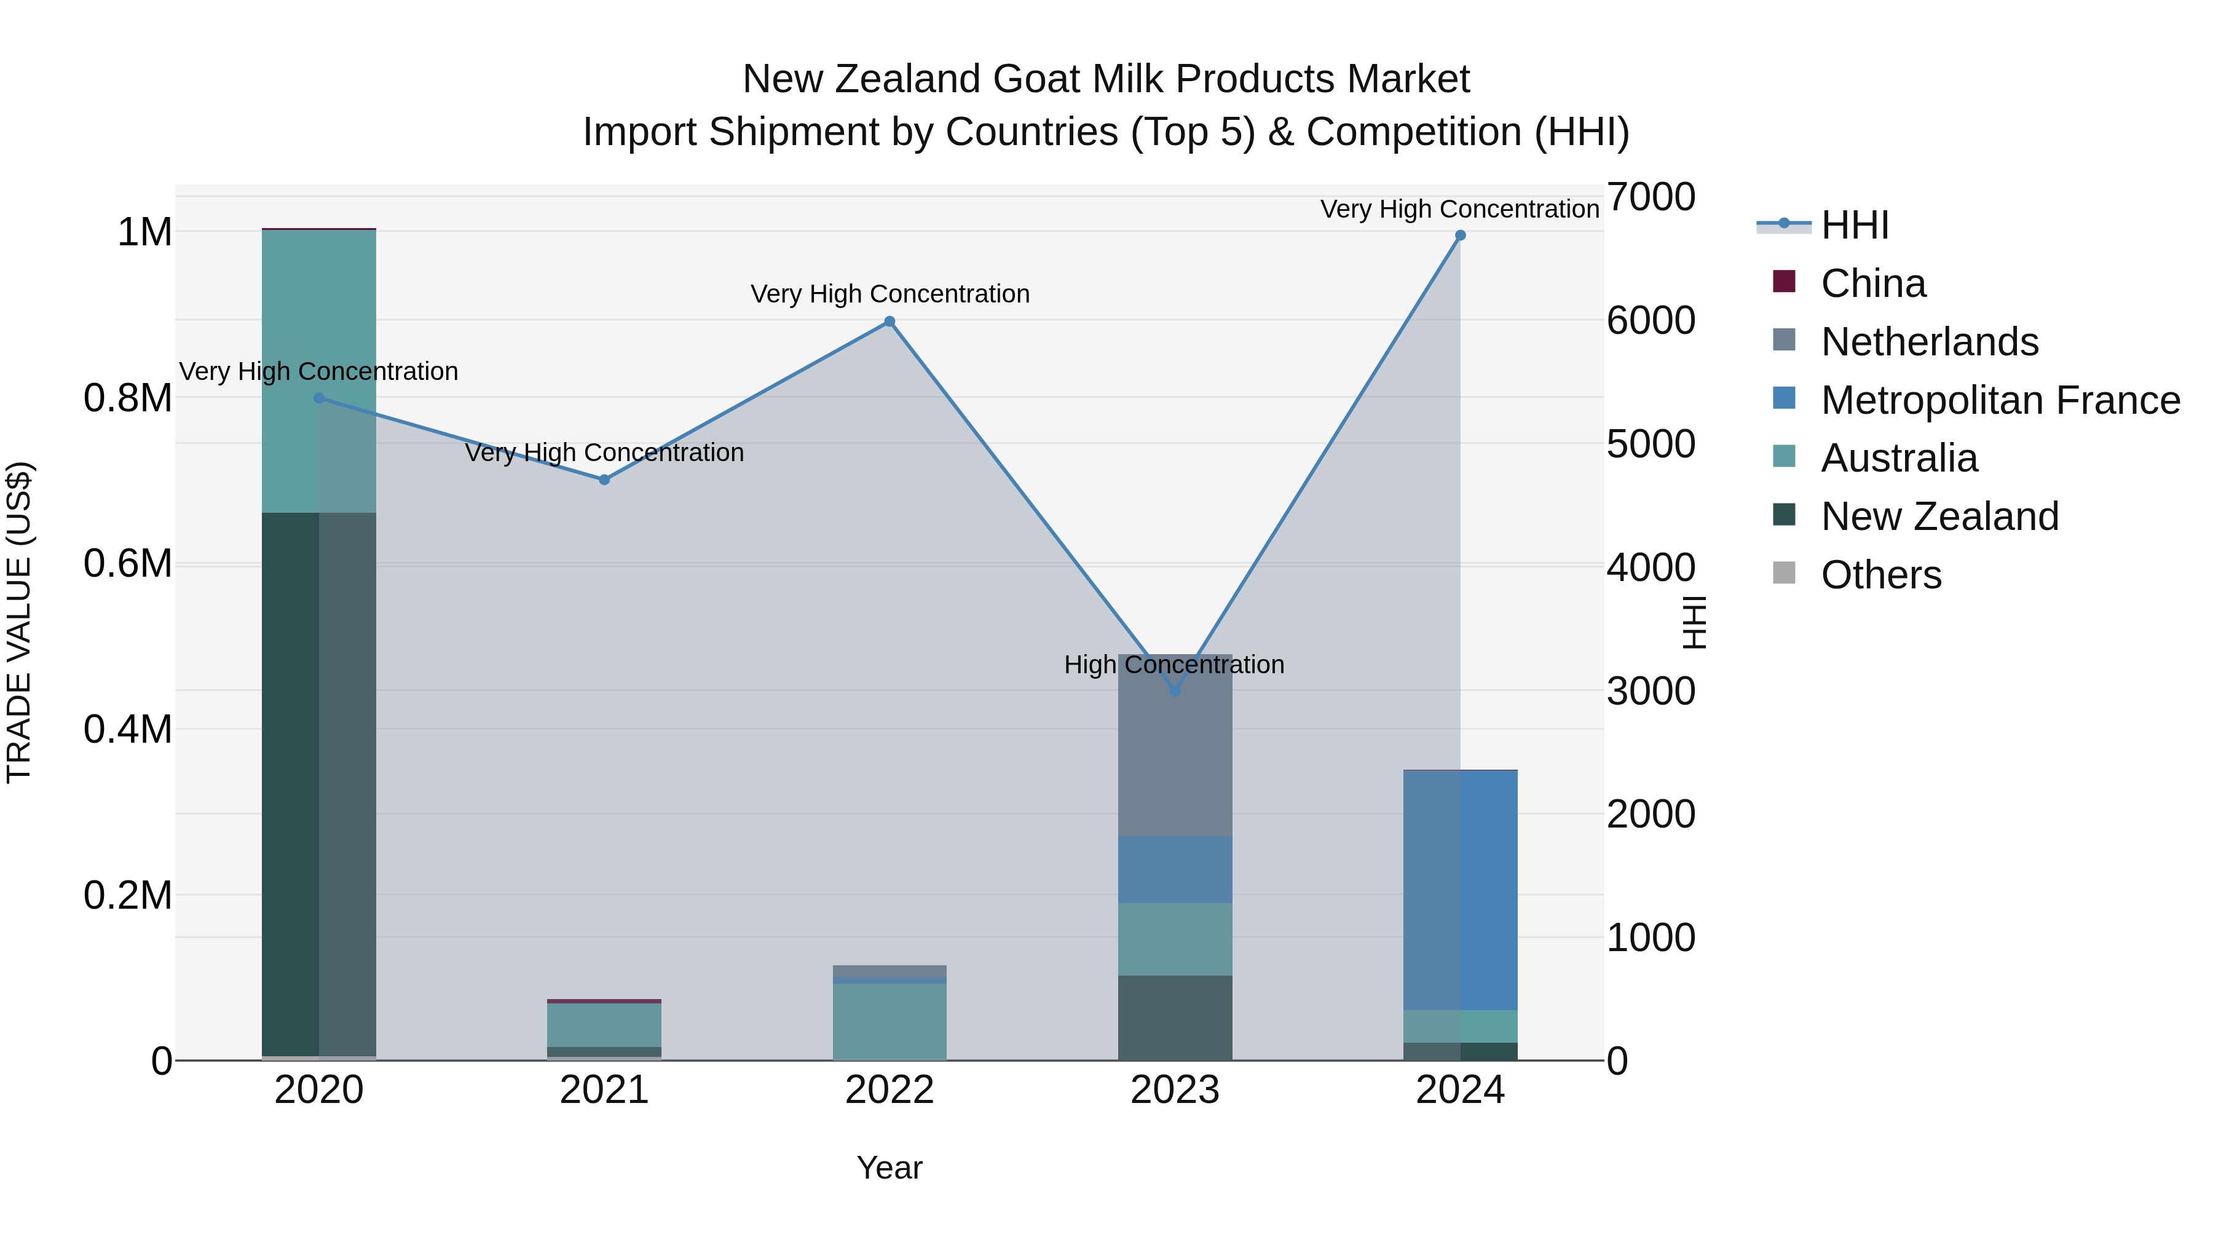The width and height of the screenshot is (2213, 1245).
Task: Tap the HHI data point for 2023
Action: (x=1175, y=691)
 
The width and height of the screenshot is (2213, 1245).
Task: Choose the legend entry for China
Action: (x=1873, y=283)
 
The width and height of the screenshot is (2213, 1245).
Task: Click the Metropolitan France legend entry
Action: (x=2000, y=400)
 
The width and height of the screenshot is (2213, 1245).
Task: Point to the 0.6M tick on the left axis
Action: (x=127, y=564)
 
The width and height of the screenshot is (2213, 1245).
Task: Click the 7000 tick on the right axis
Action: (x=1651, y=197)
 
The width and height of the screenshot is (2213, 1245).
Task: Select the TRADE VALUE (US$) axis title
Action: (x=19, y=622)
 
